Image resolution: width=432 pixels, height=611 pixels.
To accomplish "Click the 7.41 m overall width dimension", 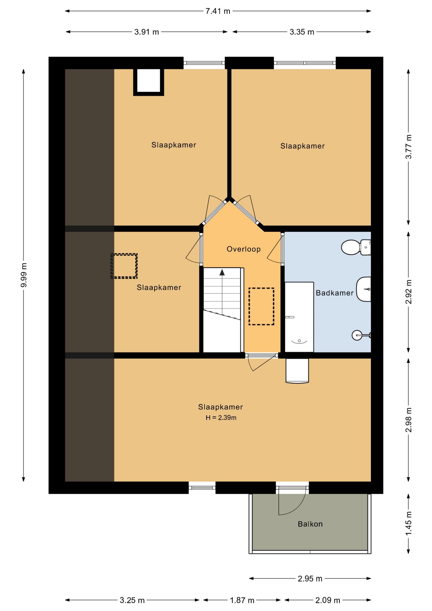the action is click(218, 11).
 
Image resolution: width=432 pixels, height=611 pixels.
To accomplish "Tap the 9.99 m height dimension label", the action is click(24, 275).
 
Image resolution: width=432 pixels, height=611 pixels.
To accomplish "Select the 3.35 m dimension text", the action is click(302, 32).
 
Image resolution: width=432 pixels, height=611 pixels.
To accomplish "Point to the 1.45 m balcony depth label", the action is click(409, 523).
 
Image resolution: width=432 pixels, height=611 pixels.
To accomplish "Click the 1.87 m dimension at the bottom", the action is click(242, 600).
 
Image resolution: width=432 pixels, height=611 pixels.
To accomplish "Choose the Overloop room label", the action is click(244, 249).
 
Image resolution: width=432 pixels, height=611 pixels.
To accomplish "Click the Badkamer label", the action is click(335, 293).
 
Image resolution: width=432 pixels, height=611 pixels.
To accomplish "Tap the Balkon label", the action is click(310, 524).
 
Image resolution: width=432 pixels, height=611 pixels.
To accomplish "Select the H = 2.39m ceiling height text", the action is click(221, 418).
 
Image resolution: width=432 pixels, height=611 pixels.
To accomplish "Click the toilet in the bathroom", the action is click(356, 247).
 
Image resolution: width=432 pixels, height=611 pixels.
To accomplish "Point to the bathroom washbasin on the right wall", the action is click(364, 289).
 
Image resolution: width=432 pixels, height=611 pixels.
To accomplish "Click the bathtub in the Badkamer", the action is click(299, 317).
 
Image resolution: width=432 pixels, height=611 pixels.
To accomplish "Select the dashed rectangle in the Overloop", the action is click(261, 306).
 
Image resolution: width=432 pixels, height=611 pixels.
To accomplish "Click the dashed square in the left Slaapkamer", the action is click(124, 266).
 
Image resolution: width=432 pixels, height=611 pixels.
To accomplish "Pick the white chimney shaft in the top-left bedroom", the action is click(149, 82).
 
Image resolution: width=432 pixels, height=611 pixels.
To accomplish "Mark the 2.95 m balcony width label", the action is click(310, 579).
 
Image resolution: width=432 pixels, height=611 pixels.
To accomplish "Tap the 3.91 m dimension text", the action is click(147, 32).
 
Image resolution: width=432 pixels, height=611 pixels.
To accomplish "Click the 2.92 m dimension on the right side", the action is click(409, 292).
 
